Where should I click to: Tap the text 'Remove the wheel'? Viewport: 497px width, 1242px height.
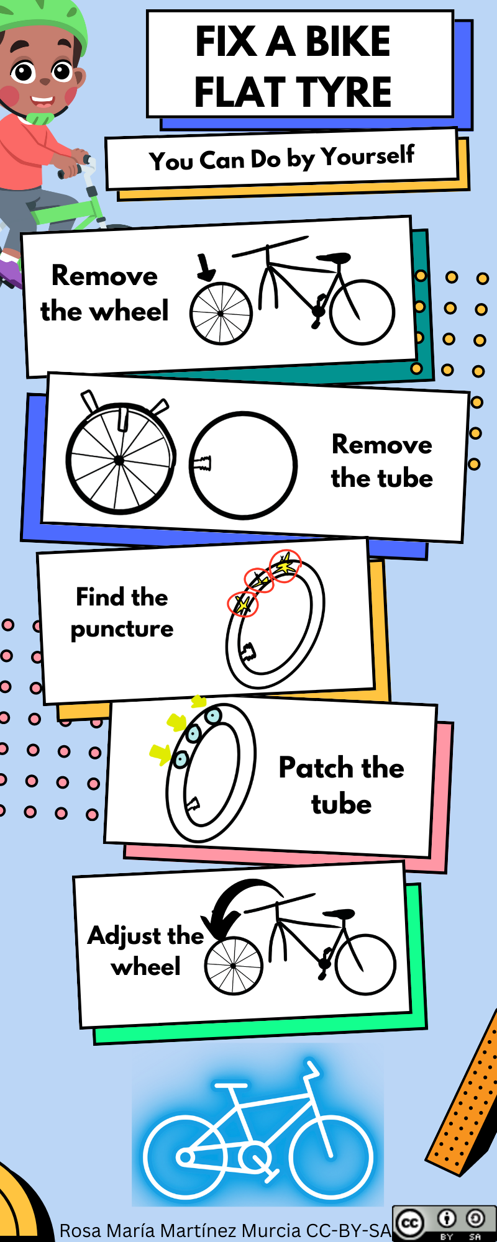click(x=104, y=293)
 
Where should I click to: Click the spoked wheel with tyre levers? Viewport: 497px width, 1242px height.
click(x=119, y=460)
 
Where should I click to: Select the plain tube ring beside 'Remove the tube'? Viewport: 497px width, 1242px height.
click(x=244, y=465)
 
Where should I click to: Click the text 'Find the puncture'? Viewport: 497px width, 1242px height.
click(x=122, y=613)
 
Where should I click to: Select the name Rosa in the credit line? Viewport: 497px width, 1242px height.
click(x=80, y=1230)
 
